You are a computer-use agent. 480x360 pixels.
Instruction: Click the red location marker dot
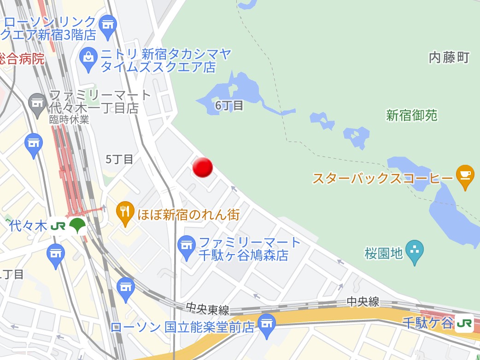(x=202, y=168)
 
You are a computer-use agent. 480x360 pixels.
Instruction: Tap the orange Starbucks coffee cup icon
(x=465, y=176)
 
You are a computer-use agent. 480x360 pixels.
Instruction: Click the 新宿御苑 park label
(x=412, y=116)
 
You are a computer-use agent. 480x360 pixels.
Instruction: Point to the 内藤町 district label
(x=449, y=58)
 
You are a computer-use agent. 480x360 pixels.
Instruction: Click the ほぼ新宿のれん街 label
(x=189, y=214)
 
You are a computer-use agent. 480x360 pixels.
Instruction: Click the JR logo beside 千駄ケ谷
(x=464, y=323)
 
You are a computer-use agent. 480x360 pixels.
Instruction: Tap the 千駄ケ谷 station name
(x=428, y=323)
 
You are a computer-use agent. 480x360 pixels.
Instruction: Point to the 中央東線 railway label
(x=208, y=308)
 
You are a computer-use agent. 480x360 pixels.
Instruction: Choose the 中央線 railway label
(x=363, y=302)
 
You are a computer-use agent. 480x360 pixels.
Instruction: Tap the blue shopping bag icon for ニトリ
(x=88, y=58)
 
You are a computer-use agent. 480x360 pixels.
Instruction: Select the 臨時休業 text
(x=70, y=120)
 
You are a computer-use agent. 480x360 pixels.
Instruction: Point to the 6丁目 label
(x=229, y=105)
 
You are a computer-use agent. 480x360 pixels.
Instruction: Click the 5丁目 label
(x=119, y=159)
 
